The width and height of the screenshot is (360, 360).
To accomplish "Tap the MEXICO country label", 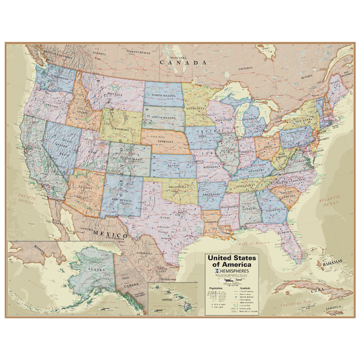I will (110, 234).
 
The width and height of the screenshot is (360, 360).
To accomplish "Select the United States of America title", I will (231, 261).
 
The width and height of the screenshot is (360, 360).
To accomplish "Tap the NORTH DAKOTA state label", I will (163, 95).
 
